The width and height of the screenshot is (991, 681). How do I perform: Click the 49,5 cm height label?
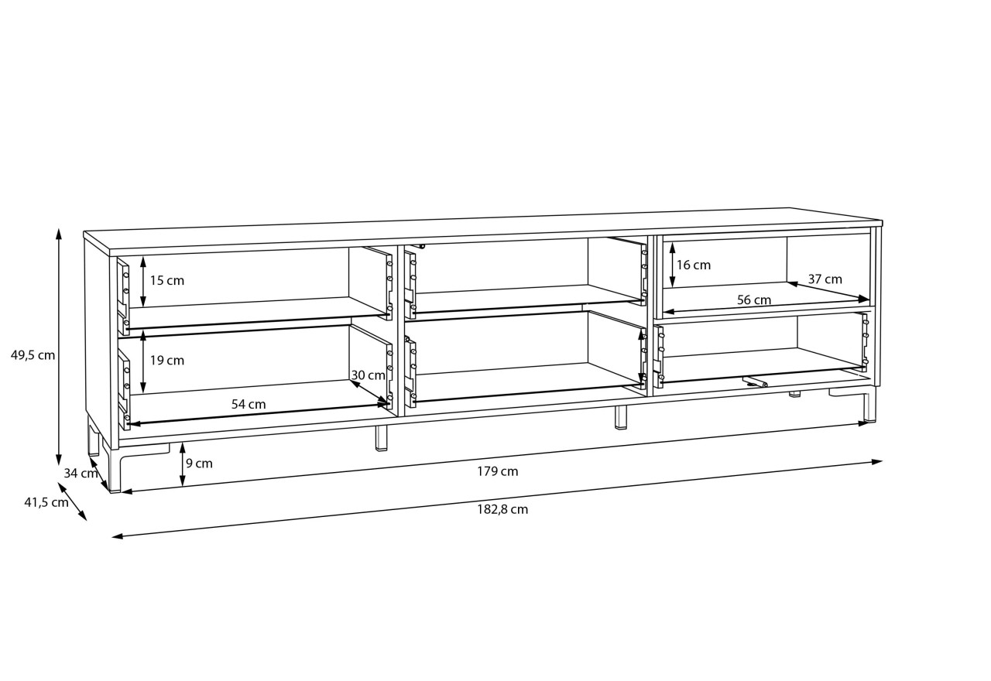33,355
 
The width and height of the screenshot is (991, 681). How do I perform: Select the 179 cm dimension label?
497,471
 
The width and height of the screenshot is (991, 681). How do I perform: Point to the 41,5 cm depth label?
46,502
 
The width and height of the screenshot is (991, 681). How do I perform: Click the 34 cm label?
81,473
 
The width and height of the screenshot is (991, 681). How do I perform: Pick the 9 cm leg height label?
199,464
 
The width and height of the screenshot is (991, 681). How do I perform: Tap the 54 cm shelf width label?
249,404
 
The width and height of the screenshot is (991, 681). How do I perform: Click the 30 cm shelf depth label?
368,375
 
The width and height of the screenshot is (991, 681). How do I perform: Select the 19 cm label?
166,361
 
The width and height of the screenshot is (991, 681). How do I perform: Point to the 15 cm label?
166,280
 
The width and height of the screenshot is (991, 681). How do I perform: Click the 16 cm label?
694,265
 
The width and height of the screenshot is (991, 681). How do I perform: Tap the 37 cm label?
825,279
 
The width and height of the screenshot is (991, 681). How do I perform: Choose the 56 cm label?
754,299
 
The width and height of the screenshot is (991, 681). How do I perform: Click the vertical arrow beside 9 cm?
182,465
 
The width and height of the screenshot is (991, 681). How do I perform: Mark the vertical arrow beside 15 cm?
143,281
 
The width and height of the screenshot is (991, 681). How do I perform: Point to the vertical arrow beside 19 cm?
143,363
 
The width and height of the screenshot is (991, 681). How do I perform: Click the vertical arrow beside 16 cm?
673,265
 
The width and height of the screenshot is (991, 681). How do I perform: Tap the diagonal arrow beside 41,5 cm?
72,501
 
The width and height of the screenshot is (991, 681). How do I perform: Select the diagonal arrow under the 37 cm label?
828,291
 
